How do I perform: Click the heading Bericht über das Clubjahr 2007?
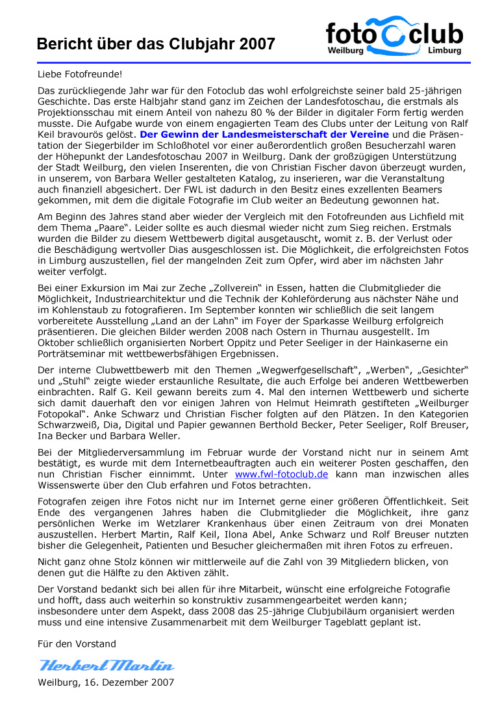point(156,44)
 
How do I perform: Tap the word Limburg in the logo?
point(445,50)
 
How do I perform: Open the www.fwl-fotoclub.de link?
point(281,474)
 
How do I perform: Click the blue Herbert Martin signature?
point(107,665)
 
